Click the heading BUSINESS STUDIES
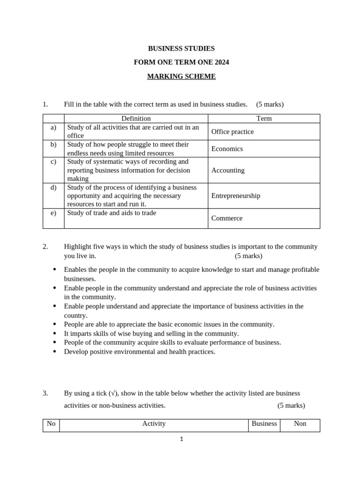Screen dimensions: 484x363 coord(181,48)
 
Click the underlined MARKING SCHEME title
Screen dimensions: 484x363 coord(181,76)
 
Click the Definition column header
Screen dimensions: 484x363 coord(136,119)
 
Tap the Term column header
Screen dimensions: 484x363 coord(264,119)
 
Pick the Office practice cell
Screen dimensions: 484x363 coord(233,131)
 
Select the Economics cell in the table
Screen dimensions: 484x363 coord(227,148)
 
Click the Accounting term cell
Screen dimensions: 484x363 coord(228,170)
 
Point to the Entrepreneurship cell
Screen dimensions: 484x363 coord(236,196)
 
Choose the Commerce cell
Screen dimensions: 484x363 coord(227,218)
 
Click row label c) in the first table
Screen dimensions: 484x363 coord(53,162)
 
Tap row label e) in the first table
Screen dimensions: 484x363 coord(53,213)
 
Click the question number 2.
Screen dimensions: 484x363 coord(45,246)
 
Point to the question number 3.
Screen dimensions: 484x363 coord(45,393)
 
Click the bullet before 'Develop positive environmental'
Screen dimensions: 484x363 coord(55,352)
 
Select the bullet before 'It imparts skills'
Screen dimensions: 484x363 coord(55,333)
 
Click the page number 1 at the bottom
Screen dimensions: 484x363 coord(181,439)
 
